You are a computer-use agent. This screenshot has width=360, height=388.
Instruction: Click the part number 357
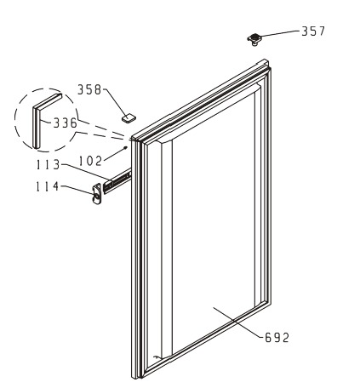(x=313, y=31)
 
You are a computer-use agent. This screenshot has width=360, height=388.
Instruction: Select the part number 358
(x=89, y=89)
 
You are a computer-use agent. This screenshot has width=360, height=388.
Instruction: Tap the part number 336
(x=66, y=123)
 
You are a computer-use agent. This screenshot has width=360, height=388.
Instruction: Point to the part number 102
(x=90, y=161)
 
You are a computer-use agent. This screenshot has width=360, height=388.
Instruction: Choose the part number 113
(x=49, y=165)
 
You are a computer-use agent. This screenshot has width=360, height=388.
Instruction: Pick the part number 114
(x=48, y=186)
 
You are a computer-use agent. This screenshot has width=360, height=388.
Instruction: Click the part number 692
(x=277, y=338)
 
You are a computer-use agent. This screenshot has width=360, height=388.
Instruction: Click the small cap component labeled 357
(x=254, y=39)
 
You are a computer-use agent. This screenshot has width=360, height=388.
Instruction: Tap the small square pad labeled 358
(x=129, y=117)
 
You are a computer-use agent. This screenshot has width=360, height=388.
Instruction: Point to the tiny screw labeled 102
(x=125, y=147)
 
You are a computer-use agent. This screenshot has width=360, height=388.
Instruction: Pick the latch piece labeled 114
(x=97, y=193)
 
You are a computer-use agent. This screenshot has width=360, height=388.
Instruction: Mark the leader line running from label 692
(x=237, y=322)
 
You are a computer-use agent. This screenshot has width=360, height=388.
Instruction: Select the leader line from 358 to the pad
(x=116, y=101)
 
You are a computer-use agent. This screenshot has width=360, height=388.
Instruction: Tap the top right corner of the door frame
(x=266, y=60)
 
